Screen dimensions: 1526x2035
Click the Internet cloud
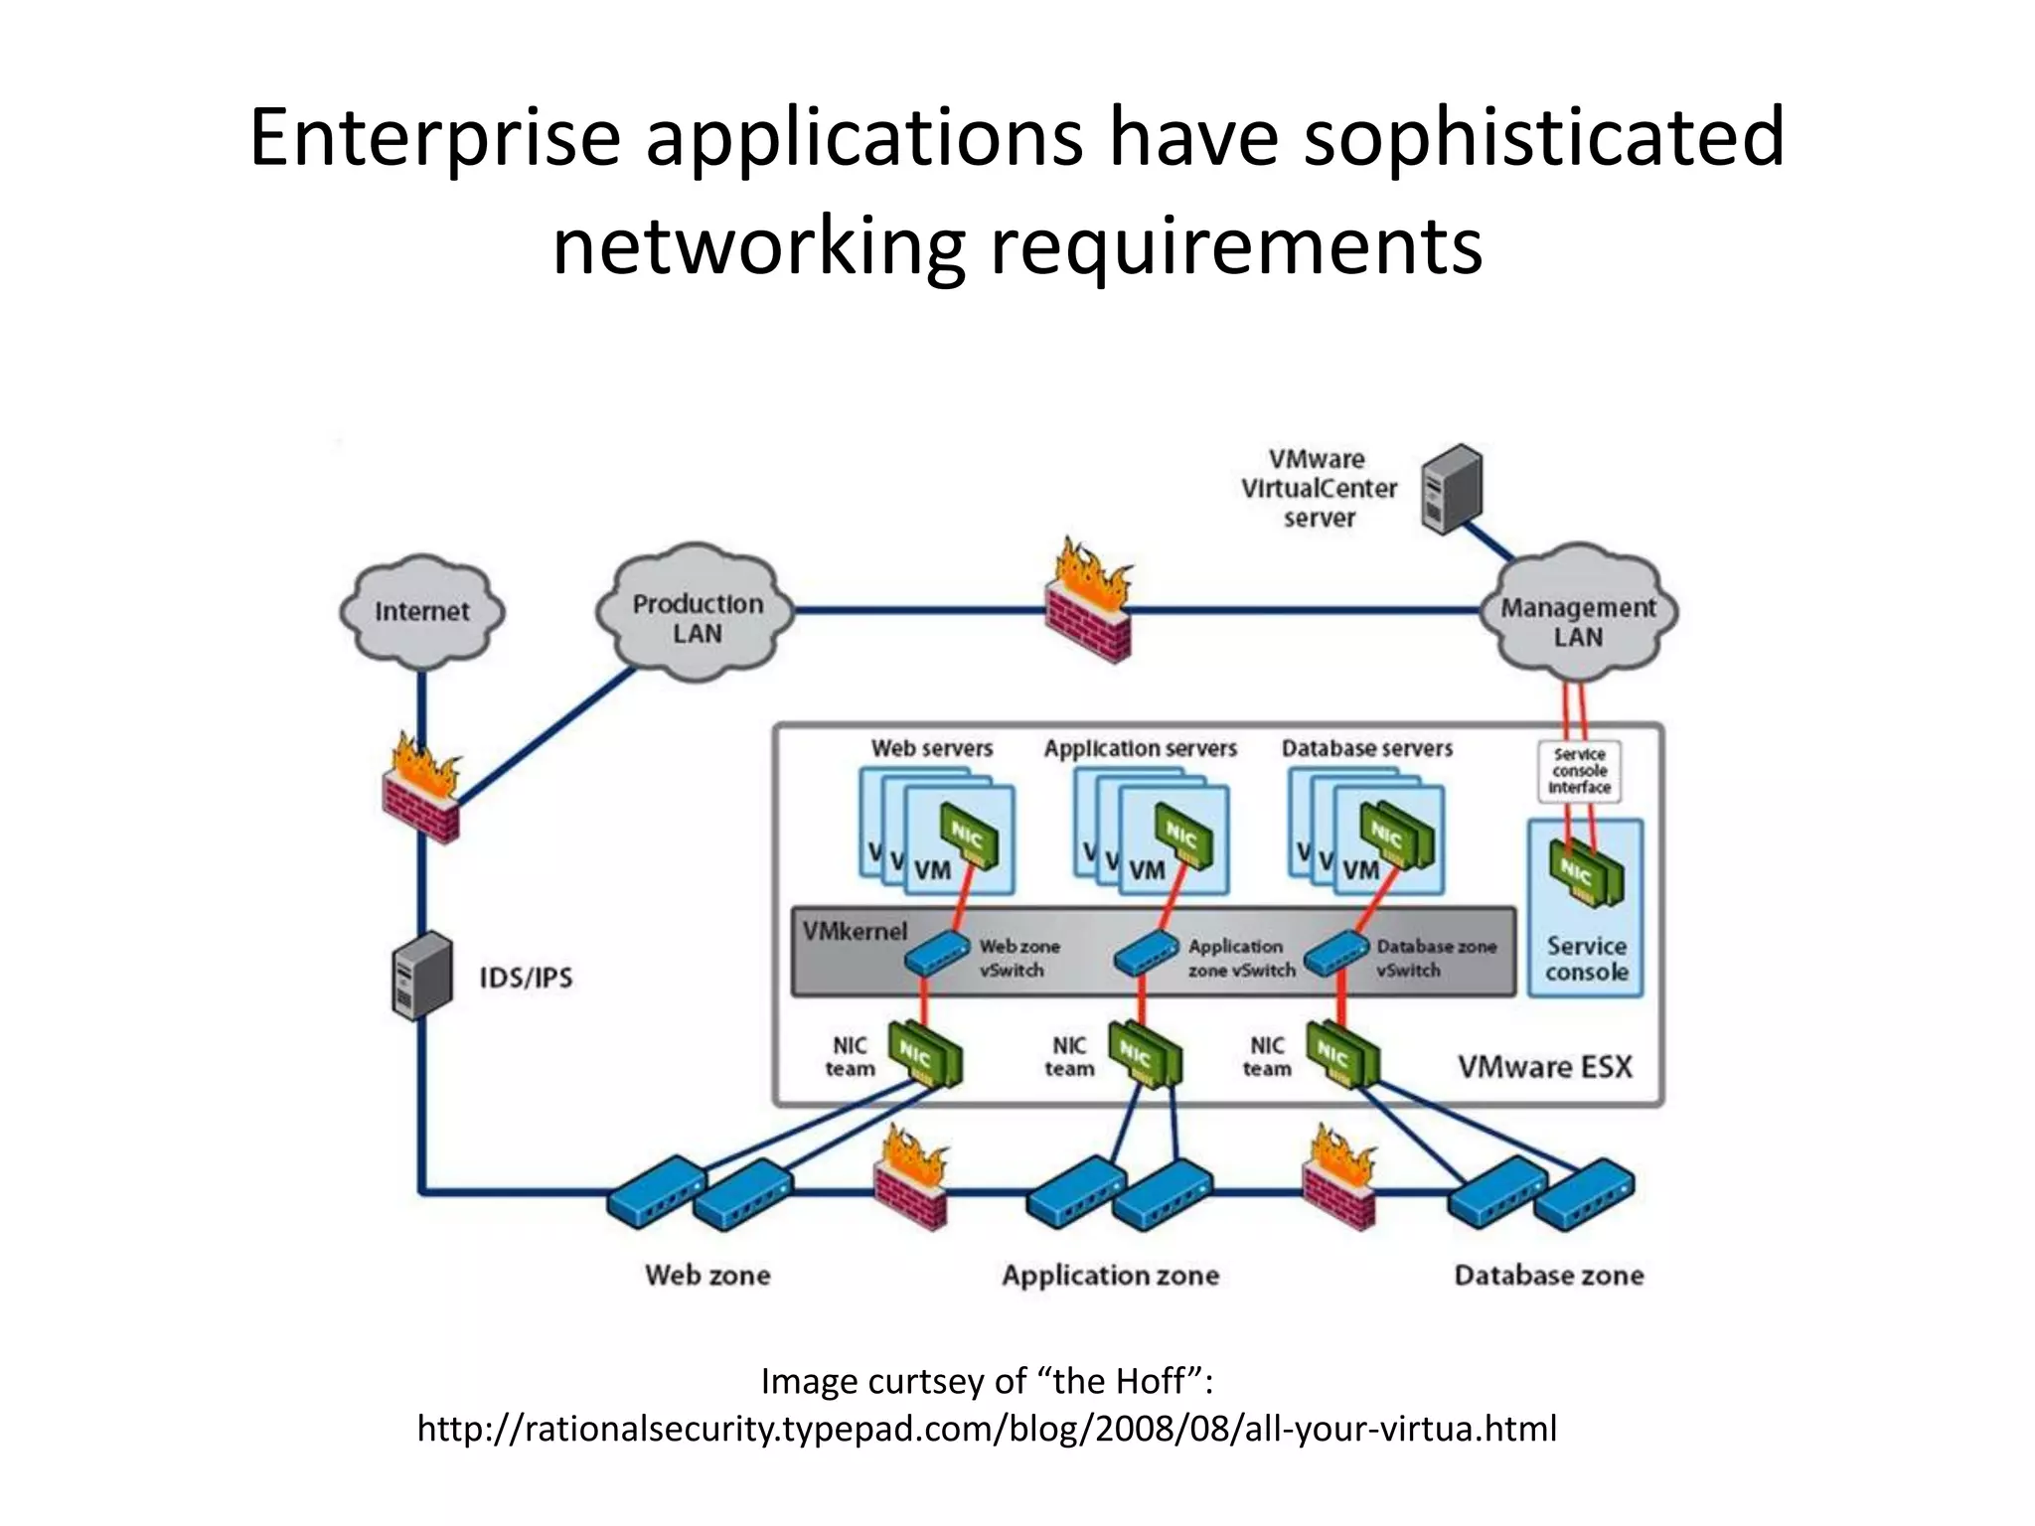click(421, 610)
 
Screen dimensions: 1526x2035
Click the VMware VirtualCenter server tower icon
click(1451, 489)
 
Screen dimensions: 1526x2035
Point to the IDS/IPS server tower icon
click(421, 976)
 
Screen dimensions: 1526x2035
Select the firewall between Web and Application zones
click(910, 1182)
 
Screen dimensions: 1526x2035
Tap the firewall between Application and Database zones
click(1339, 1182)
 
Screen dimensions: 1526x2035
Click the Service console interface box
click(1579, 771)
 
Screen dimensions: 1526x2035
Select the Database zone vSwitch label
click(1435, 958)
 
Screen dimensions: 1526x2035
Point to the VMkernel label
click(855, 931)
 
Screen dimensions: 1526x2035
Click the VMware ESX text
click(1544, 1067)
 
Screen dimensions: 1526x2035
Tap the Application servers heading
click(1140, 748)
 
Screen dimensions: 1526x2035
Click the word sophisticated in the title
click(1543, 137)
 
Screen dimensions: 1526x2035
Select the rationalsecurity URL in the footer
click(987, 1429)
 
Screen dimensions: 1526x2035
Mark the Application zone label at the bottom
click(1110, 1275)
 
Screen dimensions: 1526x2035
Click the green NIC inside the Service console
click(1586, 872)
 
